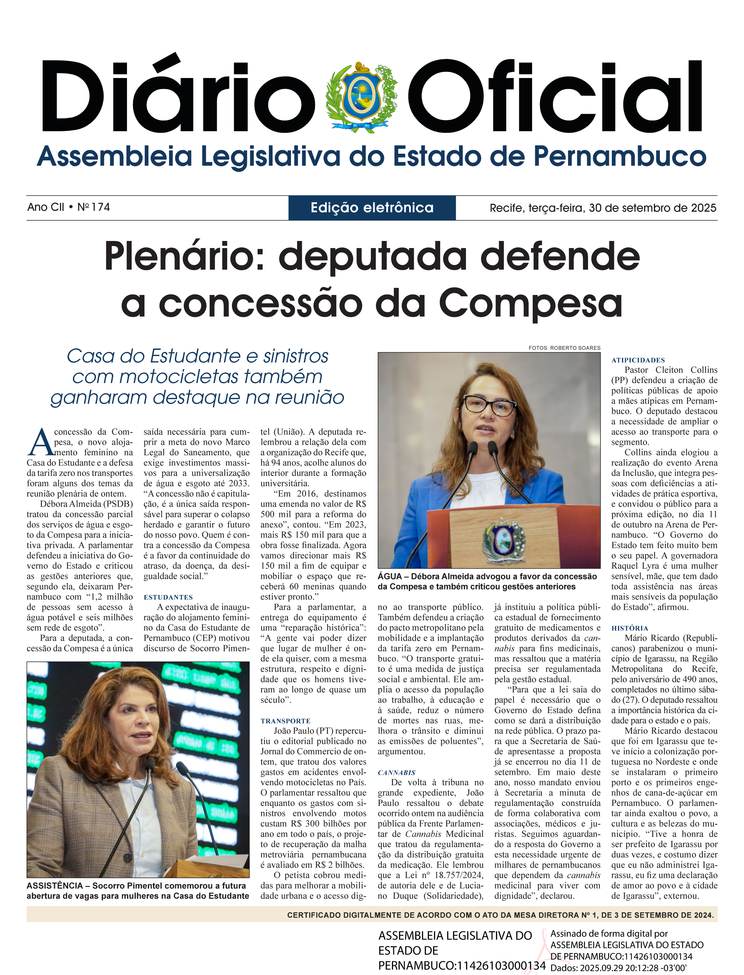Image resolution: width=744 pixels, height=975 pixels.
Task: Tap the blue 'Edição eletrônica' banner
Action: [372, 208]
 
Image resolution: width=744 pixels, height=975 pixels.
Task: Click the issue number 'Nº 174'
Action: [94, 207]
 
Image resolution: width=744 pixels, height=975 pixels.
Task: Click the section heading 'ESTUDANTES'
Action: [168, 597]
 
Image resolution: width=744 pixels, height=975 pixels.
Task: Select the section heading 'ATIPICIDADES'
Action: [638, 360]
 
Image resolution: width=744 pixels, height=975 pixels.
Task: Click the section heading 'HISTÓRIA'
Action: [629, 628]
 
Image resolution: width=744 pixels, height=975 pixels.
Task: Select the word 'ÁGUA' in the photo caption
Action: [390, 576]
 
